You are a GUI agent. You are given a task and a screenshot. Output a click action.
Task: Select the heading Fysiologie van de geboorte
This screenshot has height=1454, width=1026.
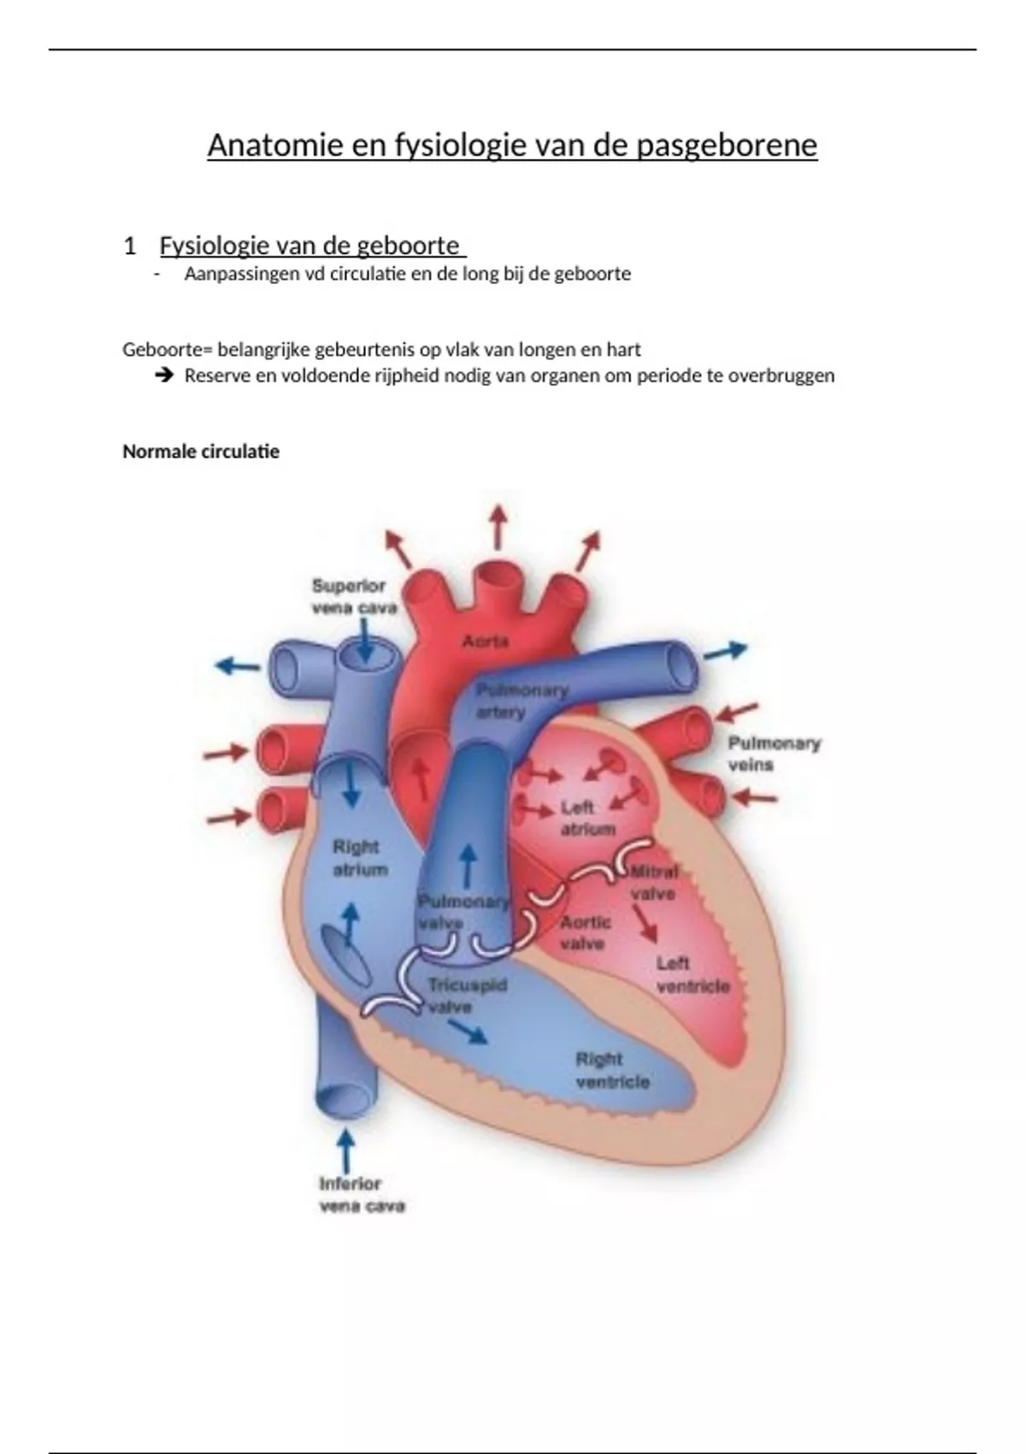(x=311, y=246)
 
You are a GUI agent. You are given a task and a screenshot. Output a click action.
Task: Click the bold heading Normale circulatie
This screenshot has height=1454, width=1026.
(x=201, y=452)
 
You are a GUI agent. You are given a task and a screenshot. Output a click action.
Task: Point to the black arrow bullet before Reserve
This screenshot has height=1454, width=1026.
(x=164, y=375)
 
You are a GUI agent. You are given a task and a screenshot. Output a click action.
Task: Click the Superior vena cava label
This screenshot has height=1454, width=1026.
(x=354, y=596)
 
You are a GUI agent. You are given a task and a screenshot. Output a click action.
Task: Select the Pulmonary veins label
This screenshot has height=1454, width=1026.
(x=773, y=754)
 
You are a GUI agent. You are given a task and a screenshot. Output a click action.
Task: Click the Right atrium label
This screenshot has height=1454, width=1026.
(x=360, y=858)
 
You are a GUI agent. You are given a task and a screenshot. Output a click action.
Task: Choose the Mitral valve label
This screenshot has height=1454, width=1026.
(x=654, y=883)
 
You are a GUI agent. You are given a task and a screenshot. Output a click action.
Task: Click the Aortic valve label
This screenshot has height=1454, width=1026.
(x=585, y=932)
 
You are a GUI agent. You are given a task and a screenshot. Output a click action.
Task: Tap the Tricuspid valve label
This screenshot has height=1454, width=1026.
(x=466, y=996)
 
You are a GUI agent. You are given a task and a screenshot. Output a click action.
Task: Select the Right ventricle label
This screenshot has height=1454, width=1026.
(x=611, y=1070)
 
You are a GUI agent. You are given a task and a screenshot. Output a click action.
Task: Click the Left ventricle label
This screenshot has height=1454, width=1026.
(x=692, y=975)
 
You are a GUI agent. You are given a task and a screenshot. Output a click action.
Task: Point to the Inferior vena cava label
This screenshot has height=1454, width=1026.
(x=361, y=1195)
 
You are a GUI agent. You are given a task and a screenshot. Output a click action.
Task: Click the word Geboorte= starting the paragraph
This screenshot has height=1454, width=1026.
(x=167, y=350)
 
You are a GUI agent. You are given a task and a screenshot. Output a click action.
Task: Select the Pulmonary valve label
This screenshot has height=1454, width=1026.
(x=462, y=911)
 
